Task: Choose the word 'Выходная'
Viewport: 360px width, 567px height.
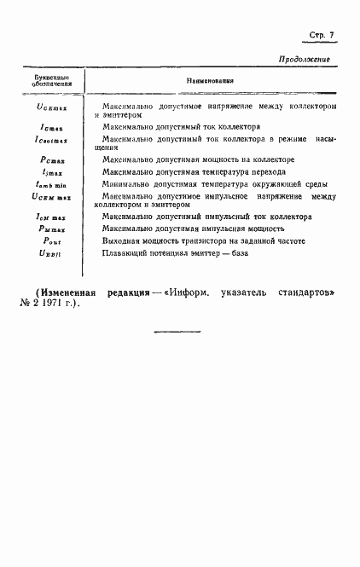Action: click(x=122, y=241)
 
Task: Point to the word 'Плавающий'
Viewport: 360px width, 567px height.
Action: click(x=125, y=254)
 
